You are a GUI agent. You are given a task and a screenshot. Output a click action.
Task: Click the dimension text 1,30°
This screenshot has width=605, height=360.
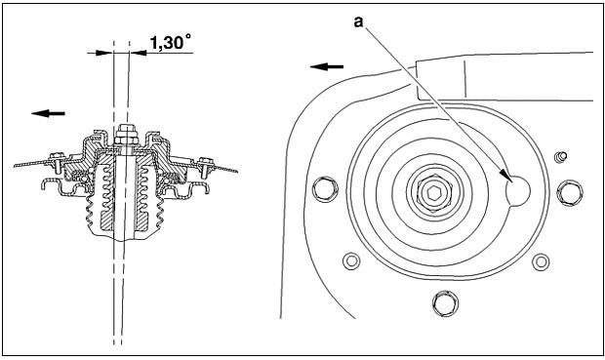[x=170, y=42]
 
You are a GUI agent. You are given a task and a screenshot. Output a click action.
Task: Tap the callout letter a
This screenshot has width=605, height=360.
[x=358, y=22]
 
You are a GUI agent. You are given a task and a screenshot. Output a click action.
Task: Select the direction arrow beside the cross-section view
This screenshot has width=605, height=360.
[x=48, y=113]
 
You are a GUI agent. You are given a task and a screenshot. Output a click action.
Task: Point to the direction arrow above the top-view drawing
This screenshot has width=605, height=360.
[x=327, y=67]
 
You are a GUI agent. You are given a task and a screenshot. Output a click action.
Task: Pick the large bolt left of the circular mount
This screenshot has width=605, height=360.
[x=325, y=188]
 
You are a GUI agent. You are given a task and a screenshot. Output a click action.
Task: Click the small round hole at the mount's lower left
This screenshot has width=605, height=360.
[x=351, y=261]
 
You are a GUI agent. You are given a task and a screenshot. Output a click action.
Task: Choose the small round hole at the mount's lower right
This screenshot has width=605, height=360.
[x=541, y=262]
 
